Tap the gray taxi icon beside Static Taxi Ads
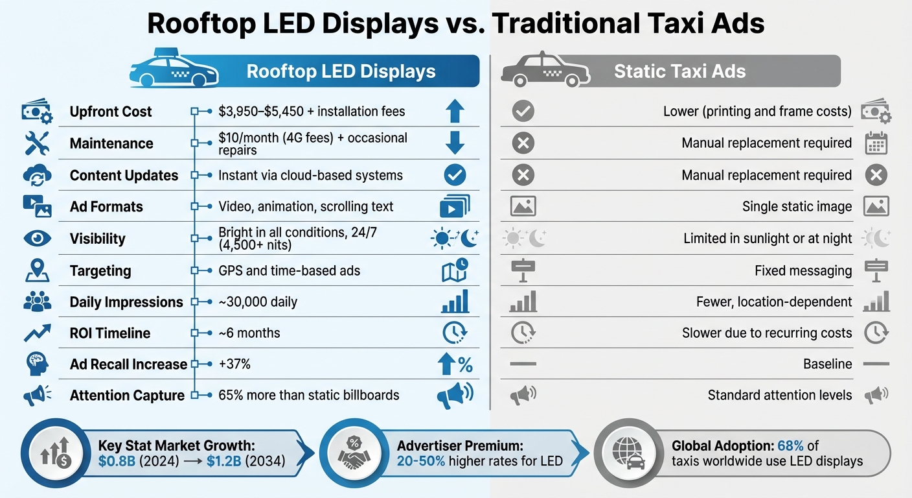click(x=544, y=71)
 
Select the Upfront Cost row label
click(x=111, y=112)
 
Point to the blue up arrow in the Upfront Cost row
click(x=455, y=112)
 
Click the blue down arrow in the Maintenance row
click(x=455, y=143)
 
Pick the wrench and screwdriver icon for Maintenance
click(x=37, y=143)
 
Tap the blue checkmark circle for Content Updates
click(x=455, y=175)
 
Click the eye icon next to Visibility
click(x=37, y=239)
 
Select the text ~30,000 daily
click(x=258, y=302)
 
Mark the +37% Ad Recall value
click(x=234, y=364)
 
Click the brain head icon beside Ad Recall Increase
click(x=37, y=364)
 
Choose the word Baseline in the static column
click(x=827, y=364)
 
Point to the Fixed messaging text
click(x=803, y=271)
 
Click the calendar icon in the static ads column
click(x=876, y=143)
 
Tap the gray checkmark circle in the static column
click(x=523, y=112)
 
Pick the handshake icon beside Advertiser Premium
click(x=354, y=455)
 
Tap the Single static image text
click(x=797, y=207)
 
